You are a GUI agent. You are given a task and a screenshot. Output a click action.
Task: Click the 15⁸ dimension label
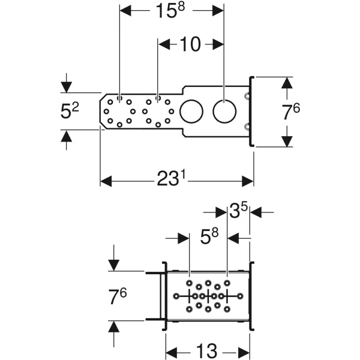tap(170, 11)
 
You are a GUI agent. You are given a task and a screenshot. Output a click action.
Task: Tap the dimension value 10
tap(190, 44)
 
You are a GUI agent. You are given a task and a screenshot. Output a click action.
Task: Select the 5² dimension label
tap(70, 111)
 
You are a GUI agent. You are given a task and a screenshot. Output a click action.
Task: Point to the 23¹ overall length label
tap(171, 179)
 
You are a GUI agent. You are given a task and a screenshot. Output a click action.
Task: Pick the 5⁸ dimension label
tap(209, 236)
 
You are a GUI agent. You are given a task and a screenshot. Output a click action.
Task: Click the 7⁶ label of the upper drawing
tap(290, 112)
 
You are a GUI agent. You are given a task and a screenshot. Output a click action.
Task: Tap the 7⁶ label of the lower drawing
tap(118, 296)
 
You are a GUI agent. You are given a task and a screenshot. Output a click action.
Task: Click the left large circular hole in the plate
tap(191, 111)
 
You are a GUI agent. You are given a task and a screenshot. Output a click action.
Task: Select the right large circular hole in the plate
tap(224, 111)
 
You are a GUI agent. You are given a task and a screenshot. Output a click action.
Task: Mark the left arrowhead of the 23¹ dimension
tap(106, 181)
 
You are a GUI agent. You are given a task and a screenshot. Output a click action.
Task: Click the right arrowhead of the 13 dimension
tap(244, 353)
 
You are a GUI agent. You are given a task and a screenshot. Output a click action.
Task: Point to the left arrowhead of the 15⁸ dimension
tap(125, 11)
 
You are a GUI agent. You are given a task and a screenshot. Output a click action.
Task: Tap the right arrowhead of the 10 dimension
tap(218, 44)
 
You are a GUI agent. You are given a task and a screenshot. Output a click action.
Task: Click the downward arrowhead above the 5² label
tap(67, 87)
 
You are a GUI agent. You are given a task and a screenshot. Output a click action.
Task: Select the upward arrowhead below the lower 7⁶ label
tap(113, 326)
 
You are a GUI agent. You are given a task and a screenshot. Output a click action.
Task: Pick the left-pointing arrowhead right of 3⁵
tap(256, 212)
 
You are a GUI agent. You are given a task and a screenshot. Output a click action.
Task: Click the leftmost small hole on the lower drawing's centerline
tap(176, 296)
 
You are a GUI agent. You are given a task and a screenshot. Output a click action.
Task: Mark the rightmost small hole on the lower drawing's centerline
tap(240, 296)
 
